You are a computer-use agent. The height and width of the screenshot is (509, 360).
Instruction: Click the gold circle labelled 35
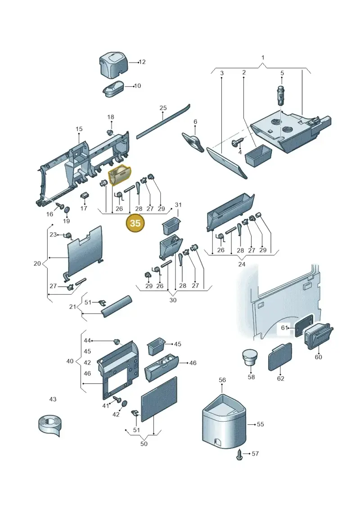pos(135,223)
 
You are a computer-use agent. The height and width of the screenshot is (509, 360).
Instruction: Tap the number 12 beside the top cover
pos(142,62)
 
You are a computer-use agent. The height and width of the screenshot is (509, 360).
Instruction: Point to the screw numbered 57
pos(240,454)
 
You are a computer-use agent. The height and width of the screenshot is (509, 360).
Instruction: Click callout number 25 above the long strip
pos(163,108)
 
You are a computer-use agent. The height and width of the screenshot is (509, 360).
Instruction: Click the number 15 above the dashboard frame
pos(79,129)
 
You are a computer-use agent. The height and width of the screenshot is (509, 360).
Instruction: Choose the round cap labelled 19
pos(67,210)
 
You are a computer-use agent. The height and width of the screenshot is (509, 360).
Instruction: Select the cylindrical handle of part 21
pos(117,307)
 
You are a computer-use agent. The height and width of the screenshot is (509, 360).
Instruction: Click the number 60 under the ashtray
pos(318,357)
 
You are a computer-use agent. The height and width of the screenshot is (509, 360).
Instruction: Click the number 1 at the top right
pos(263,58)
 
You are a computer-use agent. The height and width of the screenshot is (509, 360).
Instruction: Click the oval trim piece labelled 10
pos(113,88)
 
